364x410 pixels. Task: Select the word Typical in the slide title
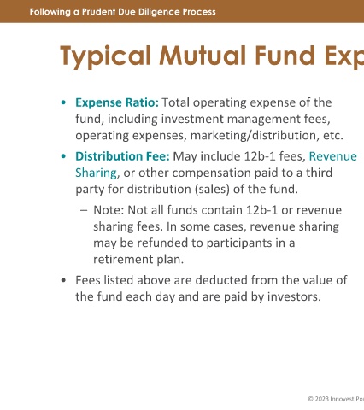coord(105,56)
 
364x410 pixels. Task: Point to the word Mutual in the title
coord(203,56)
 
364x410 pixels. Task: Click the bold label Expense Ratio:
coord(117,102)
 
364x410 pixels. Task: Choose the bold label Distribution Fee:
coord(122,156)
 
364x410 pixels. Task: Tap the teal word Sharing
coord(97,173)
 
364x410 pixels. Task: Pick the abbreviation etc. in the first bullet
coord(333,136)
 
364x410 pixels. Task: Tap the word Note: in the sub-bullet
coord(109,210)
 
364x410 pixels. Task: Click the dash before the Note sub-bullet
coord(84,211)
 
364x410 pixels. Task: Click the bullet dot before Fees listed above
coord(63,280)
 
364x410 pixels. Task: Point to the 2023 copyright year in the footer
coord(321,399)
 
